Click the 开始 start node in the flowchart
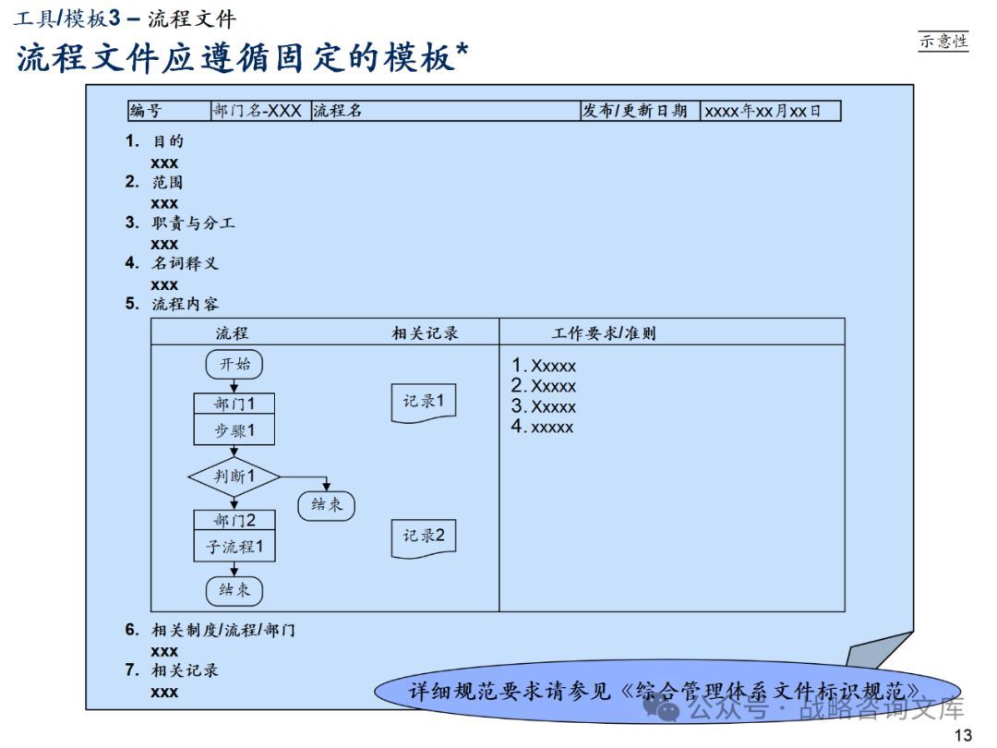[234, 364]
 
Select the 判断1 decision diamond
[234, 477]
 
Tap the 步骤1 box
[234, 430]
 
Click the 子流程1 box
[234, 547]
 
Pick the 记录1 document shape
[424, 402]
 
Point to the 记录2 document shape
[424, 536]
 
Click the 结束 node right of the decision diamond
[326, 504]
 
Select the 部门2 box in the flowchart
[234, 520]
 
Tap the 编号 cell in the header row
[169, 111]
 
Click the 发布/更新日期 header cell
[639, 111]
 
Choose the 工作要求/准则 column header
[604, 332]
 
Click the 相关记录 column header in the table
[425, 332]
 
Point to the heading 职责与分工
[193, 223]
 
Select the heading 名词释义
[185, 263]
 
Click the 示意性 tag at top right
[943, 41]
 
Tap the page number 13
[963, 735]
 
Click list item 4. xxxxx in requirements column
[543, 427]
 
